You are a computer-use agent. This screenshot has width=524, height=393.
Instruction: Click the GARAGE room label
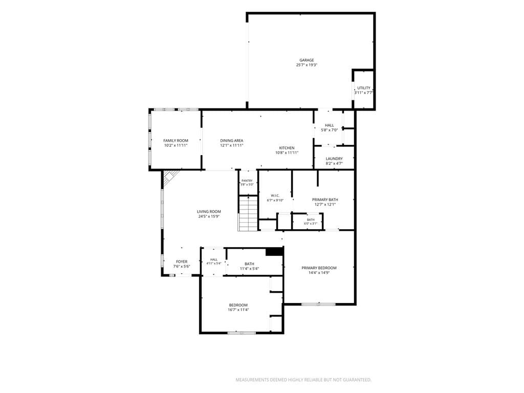click(x=307, y=60)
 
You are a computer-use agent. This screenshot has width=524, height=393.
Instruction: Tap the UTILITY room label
click(x=364, y=88)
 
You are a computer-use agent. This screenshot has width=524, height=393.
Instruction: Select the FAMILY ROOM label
click(x=176, y=141)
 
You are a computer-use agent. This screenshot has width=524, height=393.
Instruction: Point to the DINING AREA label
click(x=232, y=141)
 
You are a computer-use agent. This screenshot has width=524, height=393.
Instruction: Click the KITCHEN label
click(x=287, y=148)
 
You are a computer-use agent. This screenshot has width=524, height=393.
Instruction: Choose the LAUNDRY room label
click(x=334, y=159)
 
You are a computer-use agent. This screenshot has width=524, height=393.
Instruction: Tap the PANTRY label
click(x=247, y=181)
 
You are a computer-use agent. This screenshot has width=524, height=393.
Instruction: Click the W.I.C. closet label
click(x=275, y=195)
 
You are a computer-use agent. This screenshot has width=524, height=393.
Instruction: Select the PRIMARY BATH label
click(x=325, y=200)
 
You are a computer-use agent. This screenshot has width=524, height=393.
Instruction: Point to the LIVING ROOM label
click(x=209, y=211)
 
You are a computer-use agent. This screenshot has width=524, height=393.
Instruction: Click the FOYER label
click(x=182, y=261)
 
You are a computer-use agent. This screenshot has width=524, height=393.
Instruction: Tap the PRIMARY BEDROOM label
click(x=319, y=268)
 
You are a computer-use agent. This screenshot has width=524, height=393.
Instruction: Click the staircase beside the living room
click(x=248, y=213)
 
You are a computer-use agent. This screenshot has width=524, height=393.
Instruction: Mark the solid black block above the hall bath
click(x=274, y=252)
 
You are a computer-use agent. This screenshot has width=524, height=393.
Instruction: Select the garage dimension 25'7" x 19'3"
click(x=307, y=65)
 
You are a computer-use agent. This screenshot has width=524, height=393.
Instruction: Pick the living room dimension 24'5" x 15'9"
click(x=209, y=216)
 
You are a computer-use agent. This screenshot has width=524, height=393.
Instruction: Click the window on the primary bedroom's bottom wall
click(x=318, y=304)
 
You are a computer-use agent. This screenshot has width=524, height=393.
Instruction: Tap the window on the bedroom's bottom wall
click(x=242, y=333)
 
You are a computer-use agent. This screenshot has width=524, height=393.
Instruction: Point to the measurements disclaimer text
click(x=303, y=380)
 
